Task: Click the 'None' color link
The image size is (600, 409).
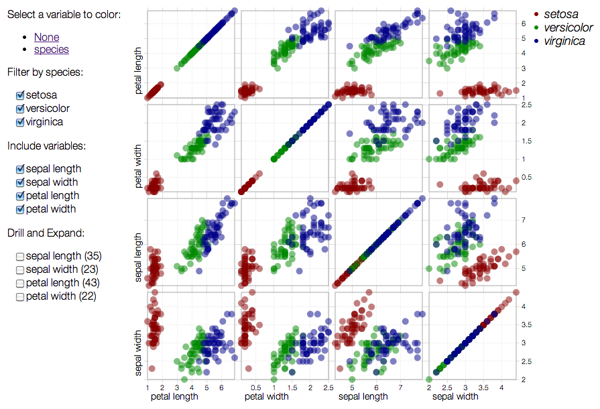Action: pyautogui.click(x=46, y=38)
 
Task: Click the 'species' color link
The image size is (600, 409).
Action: pyautogui.click(x=51, y=49)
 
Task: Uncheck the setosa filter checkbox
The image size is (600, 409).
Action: pyautogui.click(x=20, y=95)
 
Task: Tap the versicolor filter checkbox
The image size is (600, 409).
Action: pyautogui.click(x=20, y=109)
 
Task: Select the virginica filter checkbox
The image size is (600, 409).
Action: pyautogui.click(x=20, y=122)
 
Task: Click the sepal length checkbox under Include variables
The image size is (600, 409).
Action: pyautogui.click(x=20, y=169)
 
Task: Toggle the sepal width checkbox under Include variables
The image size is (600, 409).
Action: pyautogui.click(x=20, y=182)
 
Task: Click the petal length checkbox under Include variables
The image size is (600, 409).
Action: pyautogui.click(x=20, y=196)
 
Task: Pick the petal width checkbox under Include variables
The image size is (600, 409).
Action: pyautogui.click(x=20, y=209)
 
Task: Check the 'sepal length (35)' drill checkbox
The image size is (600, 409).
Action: pyautogui.click(x=20, y=256)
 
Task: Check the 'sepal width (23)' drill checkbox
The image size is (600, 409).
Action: pyautogui.click(x=20, y=270)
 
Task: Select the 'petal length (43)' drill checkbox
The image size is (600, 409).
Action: pyautogui.click(x=20, y=283)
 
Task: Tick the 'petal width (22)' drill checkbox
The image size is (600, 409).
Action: pyautogui.click(x=20, y=296)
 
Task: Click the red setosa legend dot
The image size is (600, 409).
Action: pyautogui.click(x=536, y=14)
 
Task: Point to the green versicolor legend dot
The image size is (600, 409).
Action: pyautogui.click(x=536, y=27)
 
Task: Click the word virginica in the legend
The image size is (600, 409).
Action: pyautogui.click(x=564, y=42)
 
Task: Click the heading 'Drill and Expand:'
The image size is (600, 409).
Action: pyautogui.click(x=46, y=233)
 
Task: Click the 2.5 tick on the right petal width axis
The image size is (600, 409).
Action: pyautogui.click(x=526, y=105)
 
